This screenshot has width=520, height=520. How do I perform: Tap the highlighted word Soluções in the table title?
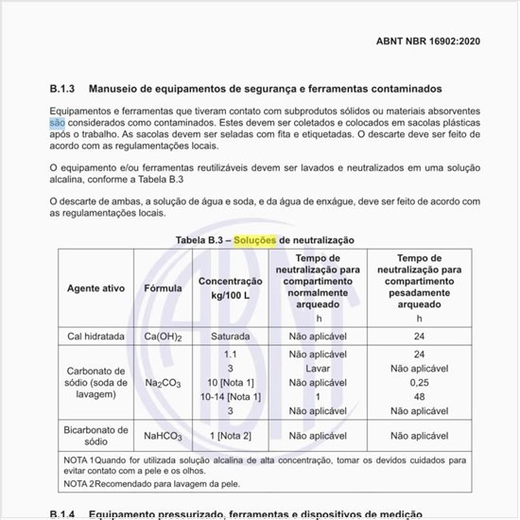255,241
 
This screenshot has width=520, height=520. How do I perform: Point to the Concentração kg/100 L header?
230,287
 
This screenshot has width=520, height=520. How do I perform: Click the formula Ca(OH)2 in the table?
163,337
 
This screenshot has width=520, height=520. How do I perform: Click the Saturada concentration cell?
230,337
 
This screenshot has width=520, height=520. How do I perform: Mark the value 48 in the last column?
419,397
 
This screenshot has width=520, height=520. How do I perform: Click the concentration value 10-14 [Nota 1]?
230,397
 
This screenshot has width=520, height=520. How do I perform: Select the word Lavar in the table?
318,368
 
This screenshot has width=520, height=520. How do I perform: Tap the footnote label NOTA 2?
78,484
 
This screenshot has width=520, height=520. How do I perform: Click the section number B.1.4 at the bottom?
62,513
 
